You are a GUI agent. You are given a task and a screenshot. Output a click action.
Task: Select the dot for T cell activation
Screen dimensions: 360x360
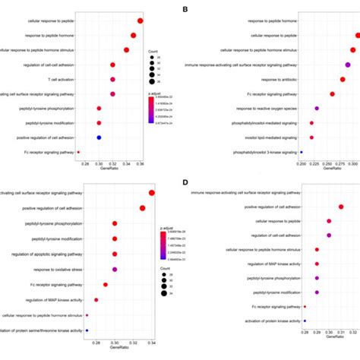click(112, 79)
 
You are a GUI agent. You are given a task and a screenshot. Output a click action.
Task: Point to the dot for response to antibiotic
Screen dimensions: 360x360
click(343, 79)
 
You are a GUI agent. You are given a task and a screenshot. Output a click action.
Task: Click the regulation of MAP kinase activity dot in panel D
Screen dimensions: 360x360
click(317, 264)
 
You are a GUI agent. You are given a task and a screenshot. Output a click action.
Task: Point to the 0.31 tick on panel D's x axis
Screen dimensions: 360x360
click(341, 333)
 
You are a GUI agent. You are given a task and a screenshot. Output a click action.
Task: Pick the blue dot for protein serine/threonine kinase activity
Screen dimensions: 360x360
click(87, 330)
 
